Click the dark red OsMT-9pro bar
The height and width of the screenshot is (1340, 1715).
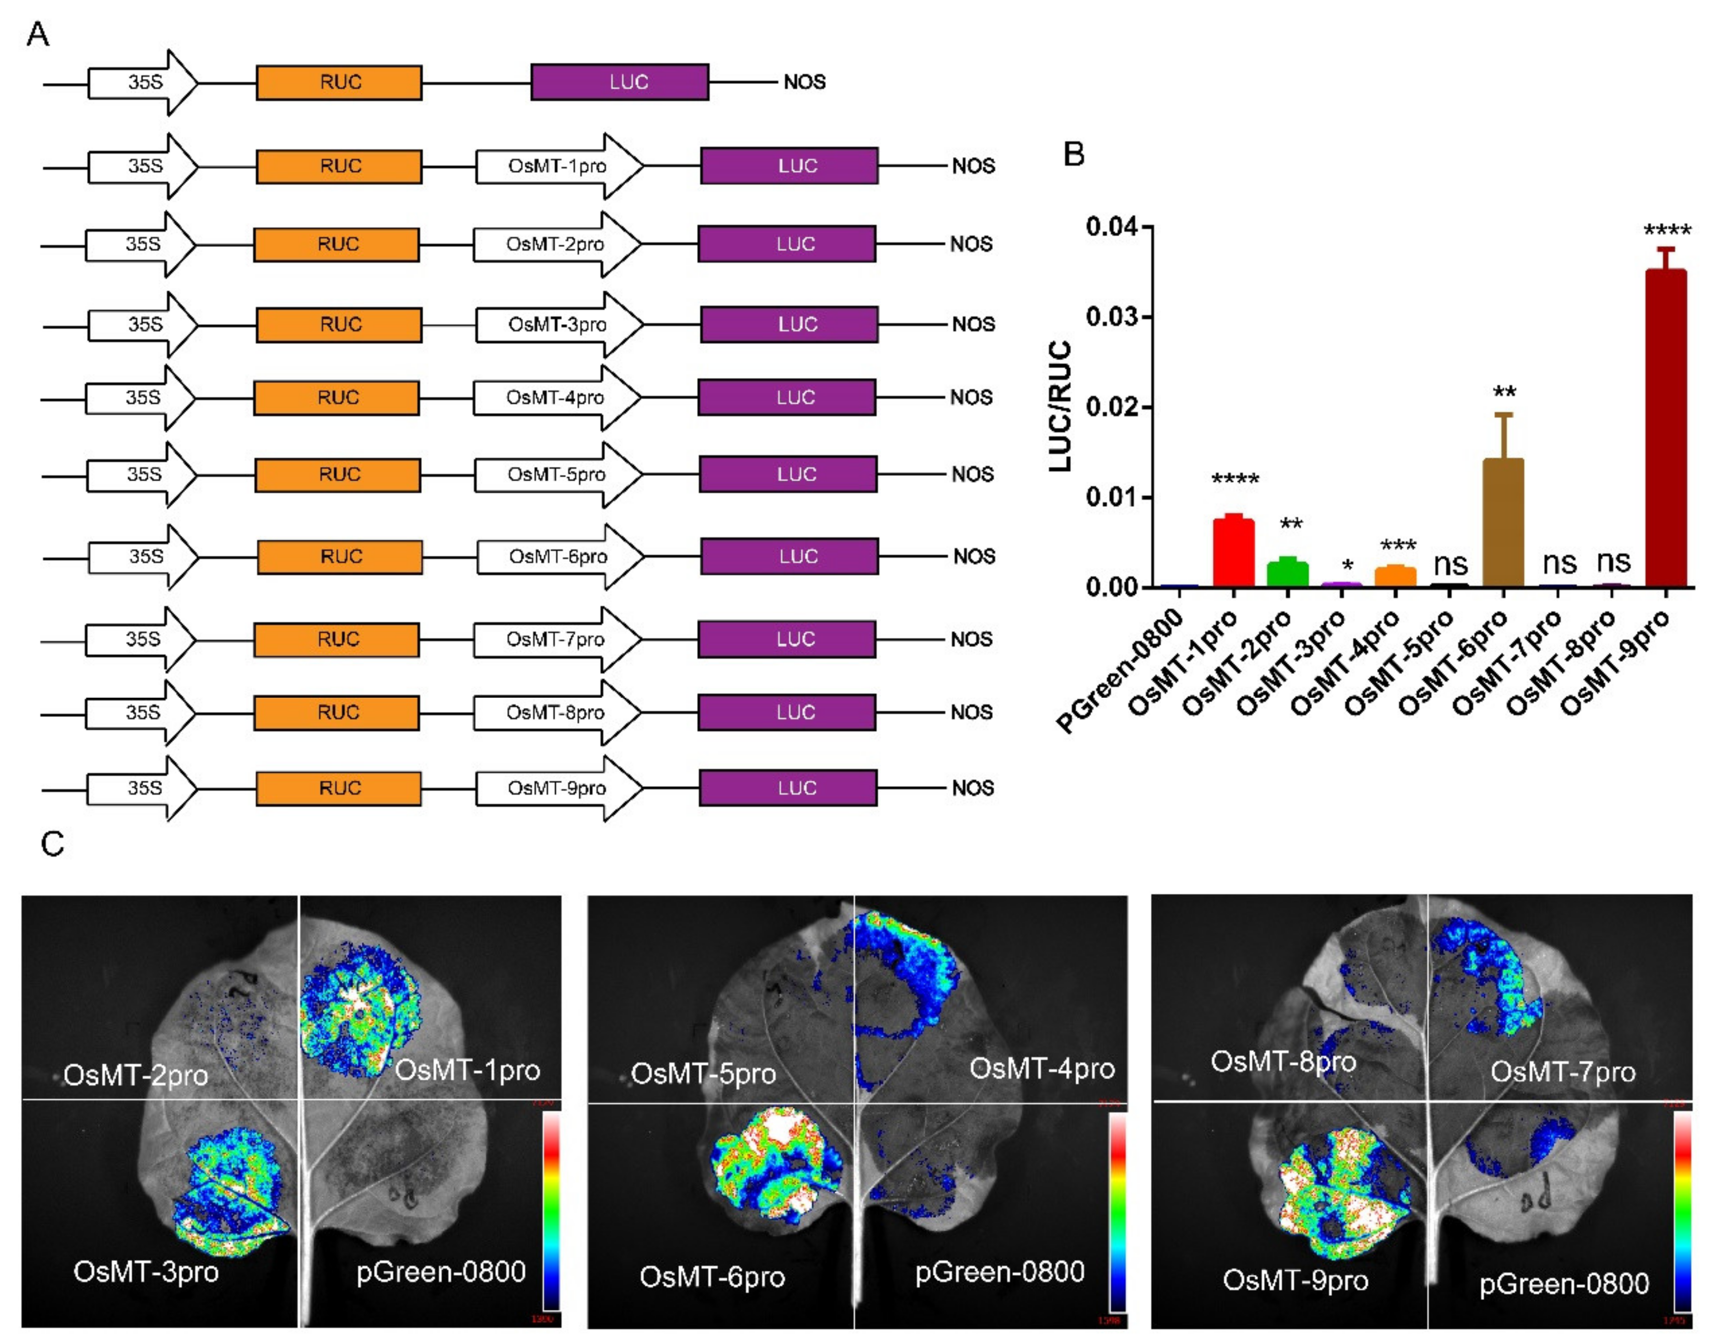tap(1666, 428)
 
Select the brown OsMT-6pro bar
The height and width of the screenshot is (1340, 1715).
tap(1503, 522)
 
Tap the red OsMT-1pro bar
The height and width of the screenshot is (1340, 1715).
tap(1233, 553)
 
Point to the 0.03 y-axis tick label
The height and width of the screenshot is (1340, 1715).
tap(1111, 317)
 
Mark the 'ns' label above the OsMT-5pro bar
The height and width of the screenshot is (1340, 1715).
tap(1450, 564)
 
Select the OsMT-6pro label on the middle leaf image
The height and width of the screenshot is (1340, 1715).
tap(712, 1277)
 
